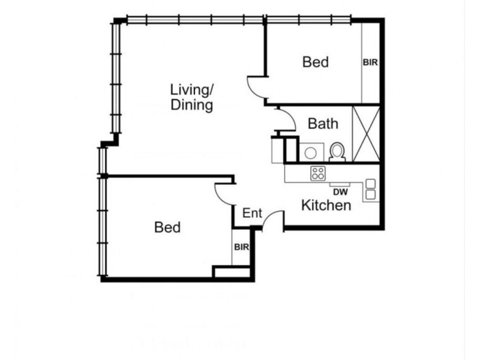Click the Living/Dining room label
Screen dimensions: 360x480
click(x=192, y=98)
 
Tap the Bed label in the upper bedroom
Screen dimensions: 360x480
click(x=316, y=62)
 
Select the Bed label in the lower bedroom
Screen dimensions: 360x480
click(x=167, y=227)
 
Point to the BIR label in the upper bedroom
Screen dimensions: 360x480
click(x=371, y=62)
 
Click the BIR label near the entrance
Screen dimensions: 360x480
click(x=241, y=247)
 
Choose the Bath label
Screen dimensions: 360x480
click(x=323, y=124)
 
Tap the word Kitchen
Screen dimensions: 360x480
click(x=326, y=206)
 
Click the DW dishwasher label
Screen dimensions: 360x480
click(x=340, y=192)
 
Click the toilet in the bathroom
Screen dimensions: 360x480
click(x=337, y=151)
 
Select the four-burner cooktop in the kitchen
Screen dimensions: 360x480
click(x=317, y=174)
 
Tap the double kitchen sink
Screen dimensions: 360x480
click(x=371, y=189)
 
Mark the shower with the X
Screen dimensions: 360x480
click(x=366, y=133)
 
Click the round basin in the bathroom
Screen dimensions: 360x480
click(x=310, y=152)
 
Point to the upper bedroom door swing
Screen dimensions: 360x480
click(x=257, y=89)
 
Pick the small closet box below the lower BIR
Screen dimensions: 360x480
click(x=232, y=272)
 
